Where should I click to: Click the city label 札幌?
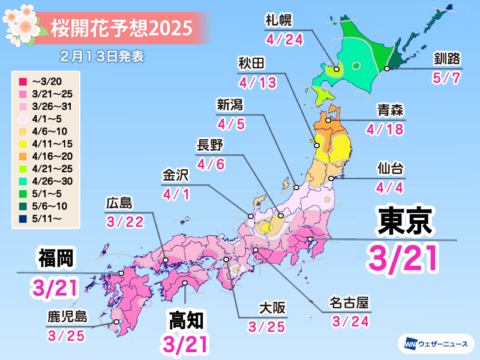[278, 20]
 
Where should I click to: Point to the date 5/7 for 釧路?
[448, 79]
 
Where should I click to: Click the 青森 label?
[389, 110]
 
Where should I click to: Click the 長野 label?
[210, 146]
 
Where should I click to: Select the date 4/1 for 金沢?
[175, 194]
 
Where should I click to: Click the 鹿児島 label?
[66, 314]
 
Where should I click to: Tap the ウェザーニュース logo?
[436, 344]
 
